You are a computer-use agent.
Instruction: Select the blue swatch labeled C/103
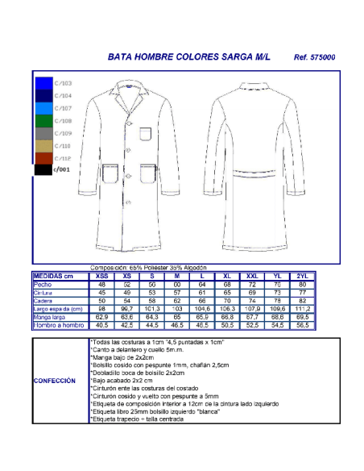pyautogui.click(x=43, y=83)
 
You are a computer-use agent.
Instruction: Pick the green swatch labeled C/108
pyautogui.click(x=43, y=121)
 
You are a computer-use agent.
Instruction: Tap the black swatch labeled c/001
pyautogui.click(x=43, y=170)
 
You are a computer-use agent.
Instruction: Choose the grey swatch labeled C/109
pyautogui.click(x=43, y=133)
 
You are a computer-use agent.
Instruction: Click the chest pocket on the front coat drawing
pyautogui.click(x=145, y=133)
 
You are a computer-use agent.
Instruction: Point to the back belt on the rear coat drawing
pyautogui.click(x=250, y=172)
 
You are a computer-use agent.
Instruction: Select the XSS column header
pyautogui.click(x=102, y=276)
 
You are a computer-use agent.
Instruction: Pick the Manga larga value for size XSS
pyautogui.click(x=102, y=317)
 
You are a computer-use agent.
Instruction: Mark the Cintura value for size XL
pyautogui.click(x=227, y=292)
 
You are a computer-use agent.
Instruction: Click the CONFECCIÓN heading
pyautogui.click(x=56, y=381)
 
